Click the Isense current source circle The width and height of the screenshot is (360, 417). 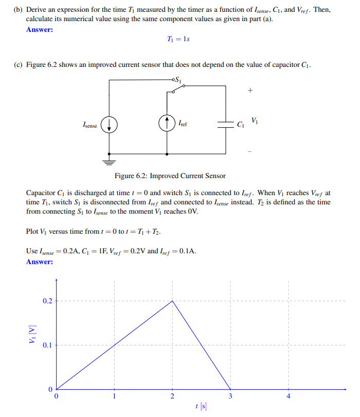(x=109, y=125)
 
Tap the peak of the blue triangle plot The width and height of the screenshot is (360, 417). (x=172, y=301)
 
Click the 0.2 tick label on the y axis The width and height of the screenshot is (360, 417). (x=47, y=301)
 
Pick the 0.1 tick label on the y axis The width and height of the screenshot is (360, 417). (x=47, y=345)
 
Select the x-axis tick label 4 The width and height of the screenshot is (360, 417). (x=288, y=396)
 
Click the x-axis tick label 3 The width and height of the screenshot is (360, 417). (x=230, y=396)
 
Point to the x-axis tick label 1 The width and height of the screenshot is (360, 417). (x=114, y=396)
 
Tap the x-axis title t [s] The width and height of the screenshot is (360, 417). (x=201, y=407)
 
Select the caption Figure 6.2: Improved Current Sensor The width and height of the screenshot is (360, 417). (x=170, y=176)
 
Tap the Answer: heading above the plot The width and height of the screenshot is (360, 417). (x=40, y=262)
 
